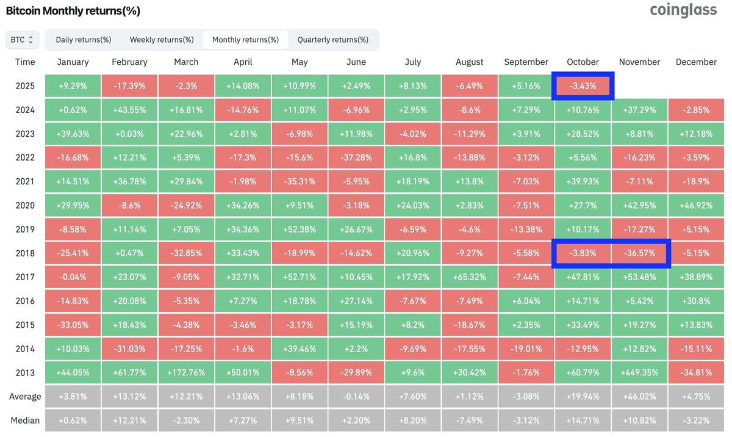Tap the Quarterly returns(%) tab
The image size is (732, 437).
332,40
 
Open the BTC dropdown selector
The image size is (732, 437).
23,40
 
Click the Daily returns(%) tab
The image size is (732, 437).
84,40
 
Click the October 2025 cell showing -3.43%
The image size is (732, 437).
583,86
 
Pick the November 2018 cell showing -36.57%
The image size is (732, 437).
639,253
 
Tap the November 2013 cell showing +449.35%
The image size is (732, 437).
639,373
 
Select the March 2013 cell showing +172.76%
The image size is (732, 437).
186,373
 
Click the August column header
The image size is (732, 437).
469,62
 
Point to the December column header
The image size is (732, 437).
696,62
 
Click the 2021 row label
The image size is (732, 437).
25,182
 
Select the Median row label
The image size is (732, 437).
25,421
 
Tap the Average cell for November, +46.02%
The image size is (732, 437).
639,397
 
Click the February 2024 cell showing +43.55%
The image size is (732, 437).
129,110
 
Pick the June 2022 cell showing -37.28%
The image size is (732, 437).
356,158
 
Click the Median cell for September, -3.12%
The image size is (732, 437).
526,421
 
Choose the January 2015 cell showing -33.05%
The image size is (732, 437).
73,325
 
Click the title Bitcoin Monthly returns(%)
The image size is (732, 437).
73,11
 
